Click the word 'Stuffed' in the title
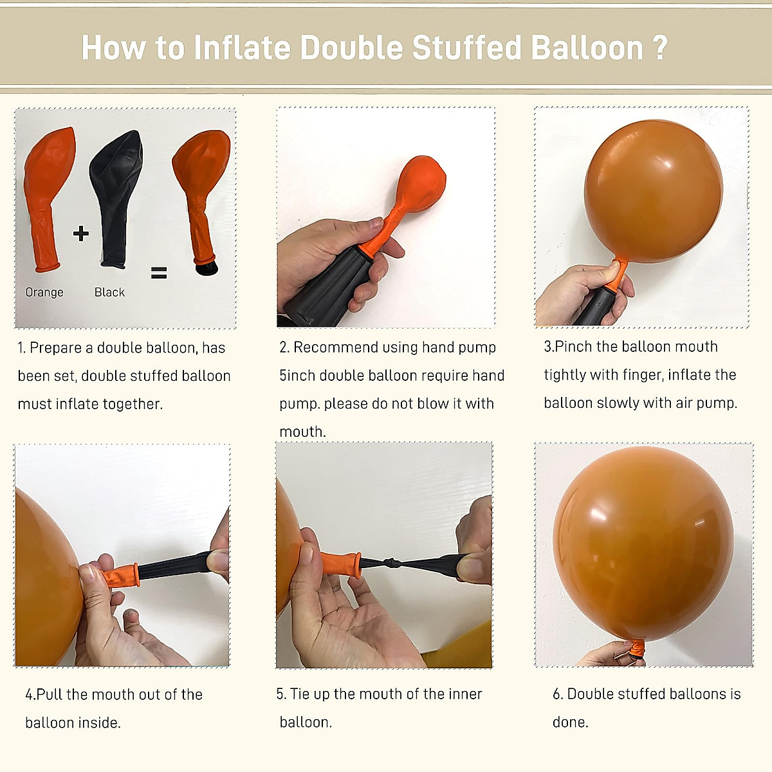click(x=466, y=48)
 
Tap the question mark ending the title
click(x=660, y=48)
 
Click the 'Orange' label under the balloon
click(x=44, y=292)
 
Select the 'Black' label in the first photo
click(x=109, y=292)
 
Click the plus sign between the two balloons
click(x=81, y=233)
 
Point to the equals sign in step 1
click(x=159, y=273)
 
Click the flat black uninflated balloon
click(x=116, y=193)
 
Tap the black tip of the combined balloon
click(x=207, y=266)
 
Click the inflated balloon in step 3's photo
click(x=653, y=190)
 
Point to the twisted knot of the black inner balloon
click(x=392, y=564)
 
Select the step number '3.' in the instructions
click(x=549, y=347)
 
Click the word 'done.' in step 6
click(x=570, y=722)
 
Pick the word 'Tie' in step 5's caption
click(x=300, y=694)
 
